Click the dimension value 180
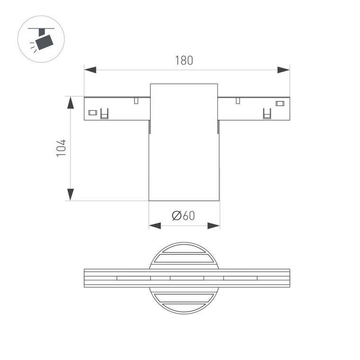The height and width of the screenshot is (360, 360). (x=184, y=61)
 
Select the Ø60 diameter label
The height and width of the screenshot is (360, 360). (x=184, y=216)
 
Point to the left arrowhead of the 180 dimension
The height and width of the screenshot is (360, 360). (x=90, y=70)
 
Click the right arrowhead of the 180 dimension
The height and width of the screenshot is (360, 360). (x=283, y=70)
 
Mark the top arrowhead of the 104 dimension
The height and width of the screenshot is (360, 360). (x=71, y=102)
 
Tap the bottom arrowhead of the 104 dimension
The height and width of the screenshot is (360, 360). (x=71, y=194)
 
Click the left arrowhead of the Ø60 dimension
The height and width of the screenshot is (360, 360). (x=155, y=226)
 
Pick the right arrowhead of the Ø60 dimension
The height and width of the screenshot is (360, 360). (x=214, y=226)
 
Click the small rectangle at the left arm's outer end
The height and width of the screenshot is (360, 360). (x=93, y=113)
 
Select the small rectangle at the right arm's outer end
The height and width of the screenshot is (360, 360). (x=280, y=103)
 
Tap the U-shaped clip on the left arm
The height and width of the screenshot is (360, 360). (x=104, y=114)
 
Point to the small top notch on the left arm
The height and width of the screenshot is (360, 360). (x=136, y=100)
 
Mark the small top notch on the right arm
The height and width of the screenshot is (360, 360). (x=237, y=100)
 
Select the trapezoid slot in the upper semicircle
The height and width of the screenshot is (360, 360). (x=184, y=258)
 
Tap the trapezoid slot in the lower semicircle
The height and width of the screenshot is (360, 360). (x=184, y=298)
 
